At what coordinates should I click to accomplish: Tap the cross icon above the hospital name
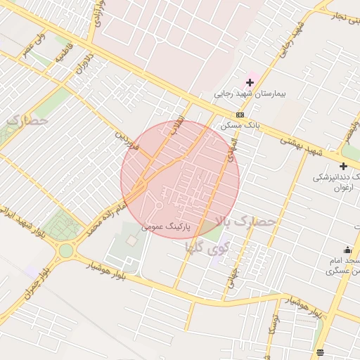[250, 83]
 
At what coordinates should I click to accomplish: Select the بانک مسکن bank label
[240, 124]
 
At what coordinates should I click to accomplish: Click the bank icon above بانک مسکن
[240, 115]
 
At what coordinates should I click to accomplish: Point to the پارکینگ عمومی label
[165, 226]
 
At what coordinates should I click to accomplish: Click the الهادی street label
[229, 148]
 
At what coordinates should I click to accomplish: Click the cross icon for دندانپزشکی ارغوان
[343, 167]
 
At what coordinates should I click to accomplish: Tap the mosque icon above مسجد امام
[347, 250]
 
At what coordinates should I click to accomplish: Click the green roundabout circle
[66, 250]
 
